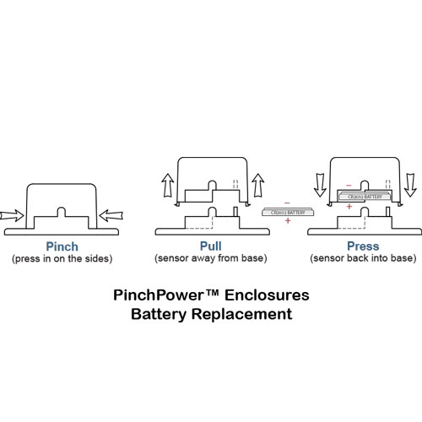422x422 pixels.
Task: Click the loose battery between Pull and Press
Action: (x=286, y=213)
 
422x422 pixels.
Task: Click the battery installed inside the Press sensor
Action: (x=363, y=196)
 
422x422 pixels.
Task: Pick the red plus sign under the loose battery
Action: (x=289, y=221)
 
